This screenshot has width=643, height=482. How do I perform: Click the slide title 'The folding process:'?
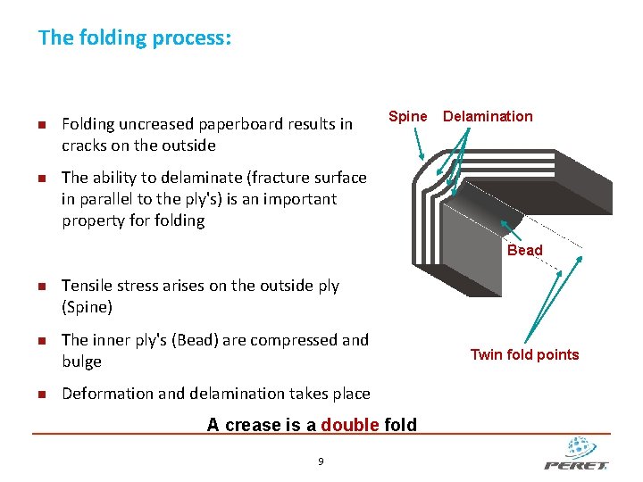tap(135, 38)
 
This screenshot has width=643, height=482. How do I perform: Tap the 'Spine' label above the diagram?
tap(408, 116)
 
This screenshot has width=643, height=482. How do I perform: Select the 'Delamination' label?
tap(488, 116)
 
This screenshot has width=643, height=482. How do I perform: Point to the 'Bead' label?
tap(524, 251)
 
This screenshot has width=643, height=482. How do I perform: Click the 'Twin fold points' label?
tap(524, 354)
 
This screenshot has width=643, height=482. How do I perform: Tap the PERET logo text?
tap(576, 465)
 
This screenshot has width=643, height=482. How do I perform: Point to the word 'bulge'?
tap(81, 361)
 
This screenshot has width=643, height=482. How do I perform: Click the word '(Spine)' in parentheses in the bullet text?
tap(88, 307)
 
